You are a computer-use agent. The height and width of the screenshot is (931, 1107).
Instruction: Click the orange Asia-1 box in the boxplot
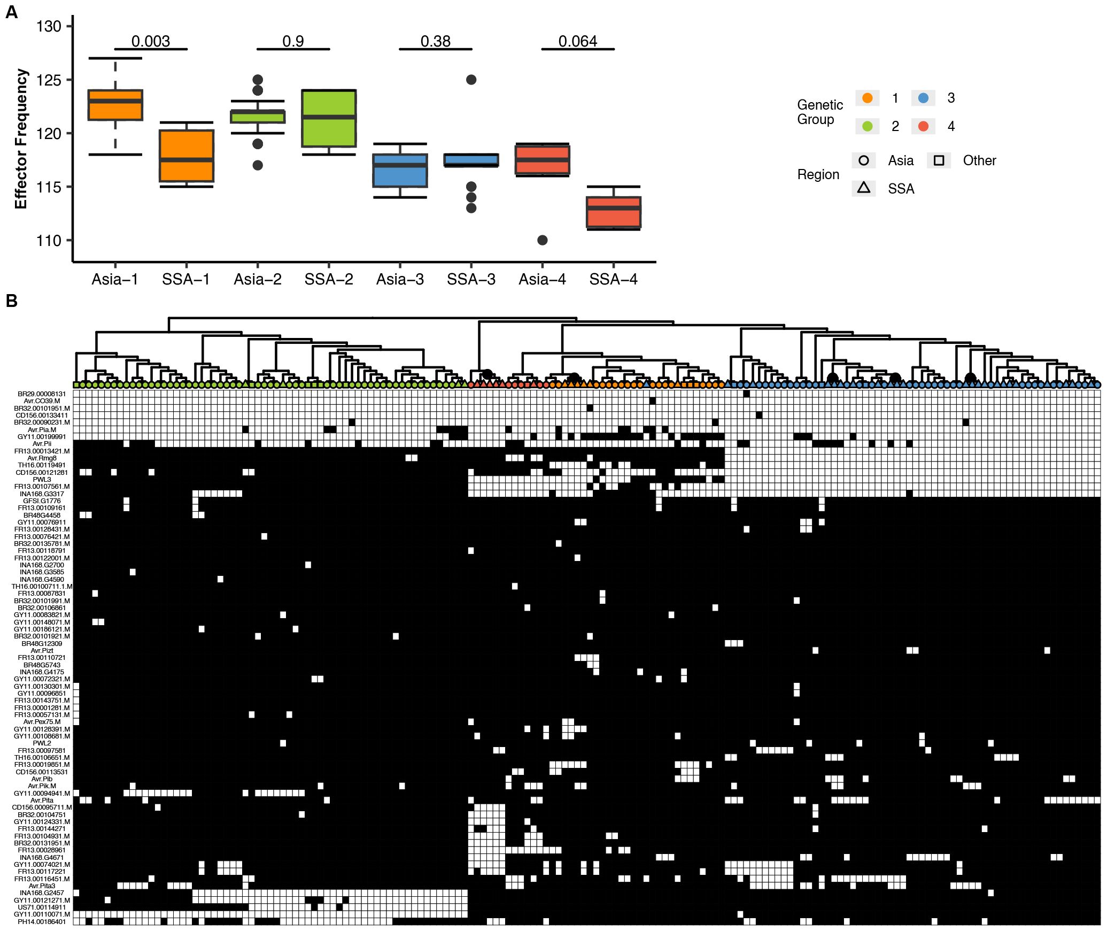coord(115,105)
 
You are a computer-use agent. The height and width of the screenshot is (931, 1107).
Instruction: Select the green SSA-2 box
coord(329,118)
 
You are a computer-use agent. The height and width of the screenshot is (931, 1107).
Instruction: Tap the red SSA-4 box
coord(614,212)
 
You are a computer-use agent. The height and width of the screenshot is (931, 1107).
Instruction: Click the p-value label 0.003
coord(150,41)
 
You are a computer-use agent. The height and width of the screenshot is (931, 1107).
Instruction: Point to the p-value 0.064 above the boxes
coord(577,41)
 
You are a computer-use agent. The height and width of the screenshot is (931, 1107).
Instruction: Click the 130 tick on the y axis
coord(49,26)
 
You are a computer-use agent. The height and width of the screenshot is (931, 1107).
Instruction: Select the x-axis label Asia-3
coord(400,279)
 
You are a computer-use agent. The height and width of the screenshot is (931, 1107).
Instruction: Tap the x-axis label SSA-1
coord(186,279)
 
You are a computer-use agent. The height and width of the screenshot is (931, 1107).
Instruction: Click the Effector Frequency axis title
coord(21,139)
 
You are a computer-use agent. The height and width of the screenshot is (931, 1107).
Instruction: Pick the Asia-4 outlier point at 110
coord(542,240)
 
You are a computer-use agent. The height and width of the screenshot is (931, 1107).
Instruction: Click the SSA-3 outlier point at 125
coord(471,80)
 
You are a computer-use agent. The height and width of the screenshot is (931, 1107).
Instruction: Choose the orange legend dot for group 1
coord(867,98)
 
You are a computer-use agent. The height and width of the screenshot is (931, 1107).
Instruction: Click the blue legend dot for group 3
coord(923,98)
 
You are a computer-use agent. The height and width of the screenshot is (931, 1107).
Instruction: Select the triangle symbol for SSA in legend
coord(864,188)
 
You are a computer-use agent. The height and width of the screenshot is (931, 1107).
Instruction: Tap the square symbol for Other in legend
coord(939,160)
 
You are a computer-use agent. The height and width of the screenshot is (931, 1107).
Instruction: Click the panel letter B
coord(11,301)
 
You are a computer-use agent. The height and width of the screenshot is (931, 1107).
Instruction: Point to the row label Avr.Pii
coord(42,444)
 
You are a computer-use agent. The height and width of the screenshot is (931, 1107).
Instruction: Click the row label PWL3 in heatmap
coord(42,480)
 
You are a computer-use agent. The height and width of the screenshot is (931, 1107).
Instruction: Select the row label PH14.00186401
coord(42,921)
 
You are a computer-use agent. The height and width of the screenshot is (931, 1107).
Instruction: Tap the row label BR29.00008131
coord(42,394)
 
